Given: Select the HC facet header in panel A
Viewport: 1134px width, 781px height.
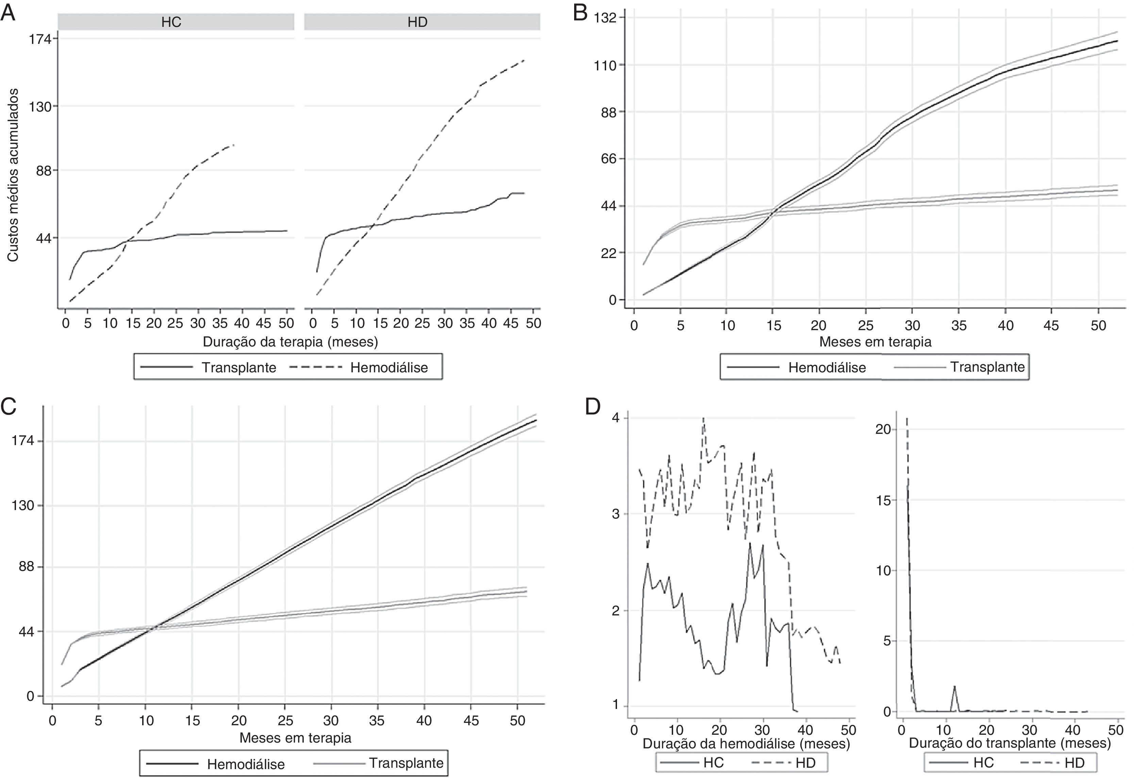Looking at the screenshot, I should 171,22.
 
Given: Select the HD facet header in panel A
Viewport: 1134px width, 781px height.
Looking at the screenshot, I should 417,22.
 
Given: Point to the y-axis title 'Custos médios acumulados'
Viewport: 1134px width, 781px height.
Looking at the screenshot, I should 13,175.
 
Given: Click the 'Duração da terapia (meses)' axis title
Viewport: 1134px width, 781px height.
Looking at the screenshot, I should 290,342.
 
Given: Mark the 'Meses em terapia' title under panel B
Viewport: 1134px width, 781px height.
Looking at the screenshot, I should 875,342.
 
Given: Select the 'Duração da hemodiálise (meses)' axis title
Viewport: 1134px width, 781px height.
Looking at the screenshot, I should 746,744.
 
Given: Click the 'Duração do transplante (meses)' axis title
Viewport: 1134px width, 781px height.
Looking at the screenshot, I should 1009,743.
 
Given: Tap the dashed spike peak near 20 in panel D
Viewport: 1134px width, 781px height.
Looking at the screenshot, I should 907,419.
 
